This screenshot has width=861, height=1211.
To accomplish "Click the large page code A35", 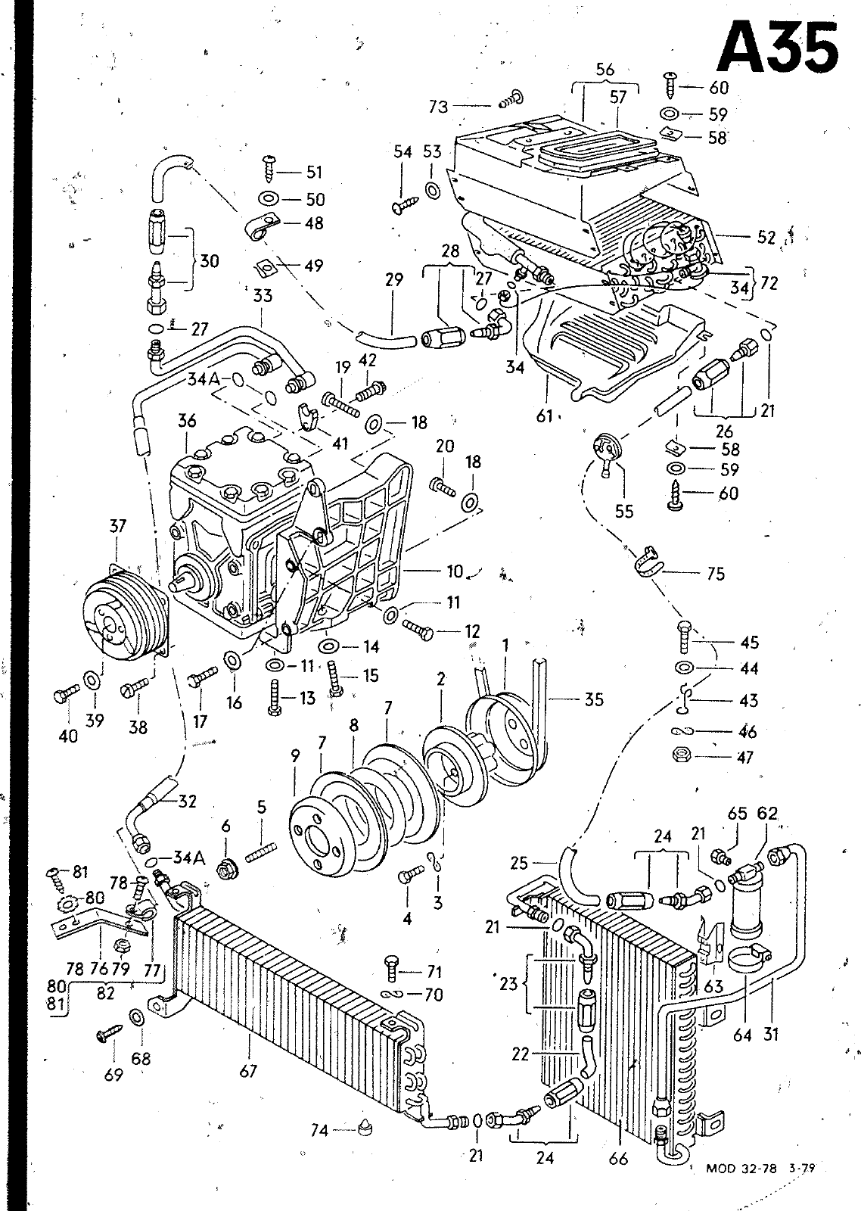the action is (x=779, y=48).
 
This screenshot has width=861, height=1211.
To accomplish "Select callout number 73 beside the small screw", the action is (x=439, y=107).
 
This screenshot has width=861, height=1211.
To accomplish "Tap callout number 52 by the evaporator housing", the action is (x=766, y=238).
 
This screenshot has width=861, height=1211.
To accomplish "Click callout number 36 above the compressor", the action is (x=186, y=421).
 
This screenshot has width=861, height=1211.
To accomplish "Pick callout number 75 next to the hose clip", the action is (x=716, y=574).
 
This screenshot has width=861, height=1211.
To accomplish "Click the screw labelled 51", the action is (x=269, y=169).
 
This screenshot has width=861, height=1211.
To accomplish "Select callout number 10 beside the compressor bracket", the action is (x=455, y=571).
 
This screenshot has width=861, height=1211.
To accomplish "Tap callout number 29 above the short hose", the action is (x=394, y=279).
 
